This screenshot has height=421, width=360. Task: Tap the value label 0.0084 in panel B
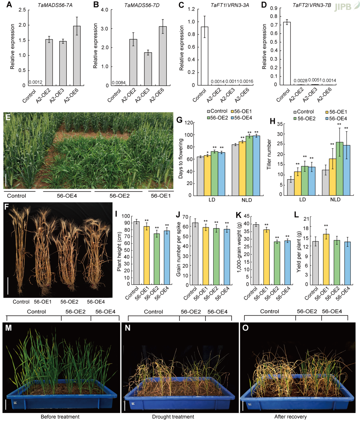pos(119,83)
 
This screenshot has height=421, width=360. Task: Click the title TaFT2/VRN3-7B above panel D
pos(312,5)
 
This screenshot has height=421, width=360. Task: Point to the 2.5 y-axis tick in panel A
pos(22,10)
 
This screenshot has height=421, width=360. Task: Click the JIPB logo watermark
pos(343,7)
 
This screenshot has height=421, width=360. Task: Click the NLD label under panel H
pos(335,199)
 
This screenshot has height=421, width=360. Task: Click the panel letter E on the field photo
pos(8,117)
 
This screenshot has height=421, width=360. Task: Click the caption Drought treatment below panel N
pos(173,417)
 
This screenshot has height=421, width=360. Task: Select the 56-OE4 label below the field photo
pos(67,196)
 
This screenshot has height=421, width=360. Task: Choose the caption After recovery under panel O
pos(290,417)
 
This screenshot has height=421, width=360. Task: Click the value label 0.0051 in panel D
pos(314,80)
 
